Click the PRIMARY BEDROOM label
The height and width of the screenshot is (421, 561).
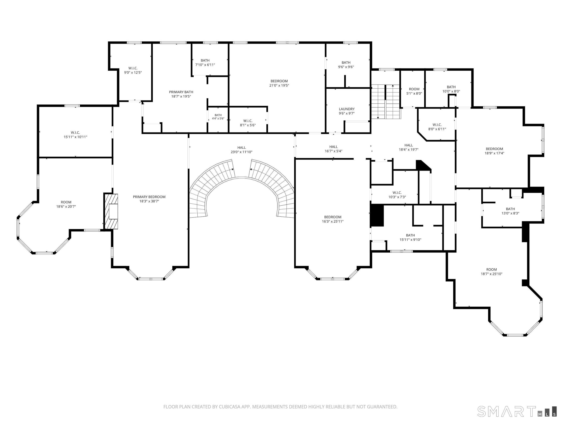(x=149, y=197)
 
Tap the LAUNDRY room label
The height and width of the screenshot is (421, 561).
(x=346, y=109)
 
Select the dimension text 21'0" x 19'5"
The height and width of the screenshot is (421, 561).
(x=279, y=86)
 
